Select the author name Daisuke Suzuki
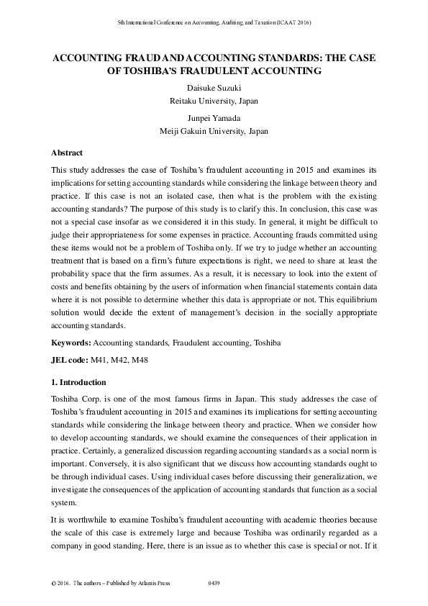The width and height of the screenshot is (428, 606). coord(214,87)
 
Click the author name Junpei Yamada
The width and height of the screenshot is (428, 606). coord(214,117)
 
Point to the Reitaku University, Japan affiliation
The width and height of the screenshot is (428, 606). coord(214,101)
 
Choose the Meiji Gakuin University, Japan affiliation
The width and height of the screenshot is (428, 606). coord(214,131)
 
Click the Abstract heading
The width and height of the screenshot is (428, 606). coord(67,153)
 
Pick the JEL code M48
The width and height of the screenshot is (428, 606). coord(140,359)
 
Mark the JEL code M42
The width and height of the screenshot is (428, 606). coord(120,359)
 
